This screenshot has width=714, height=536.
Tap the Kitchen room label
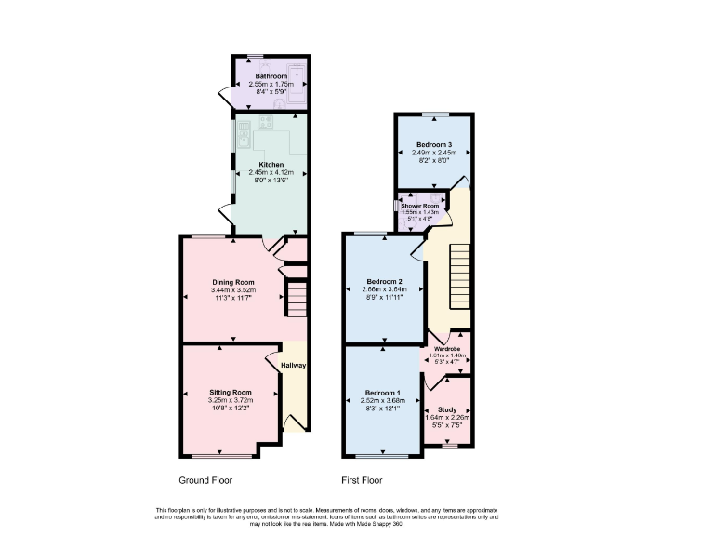(x=271, y=165)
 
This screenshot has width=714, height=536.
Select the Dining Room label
(x=232, y=282)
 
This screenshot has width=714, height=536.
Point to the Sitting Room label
(x=231, y=393)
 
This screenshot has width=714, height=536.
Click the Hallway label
(x=294, y=366)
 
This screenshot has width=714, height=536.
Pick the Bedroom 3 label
(x=434, y=145)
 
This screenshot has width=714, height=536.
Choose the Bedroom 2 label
(x=384, y=281)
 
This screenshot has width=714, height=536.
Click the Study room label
(x=447, y=409)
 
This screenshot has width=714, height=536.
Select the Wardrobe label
(x=448, y=348)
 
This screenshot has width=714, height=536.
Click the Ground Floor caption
(x=205, y=481)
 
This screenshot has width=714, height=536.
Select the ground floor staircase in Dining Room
(x=296, y=300)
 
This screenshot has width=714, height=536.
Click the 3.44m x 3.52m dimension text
(x=232, y=290)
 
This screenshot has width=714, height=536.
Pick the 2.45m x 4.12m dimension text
(x=271, y=173)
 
